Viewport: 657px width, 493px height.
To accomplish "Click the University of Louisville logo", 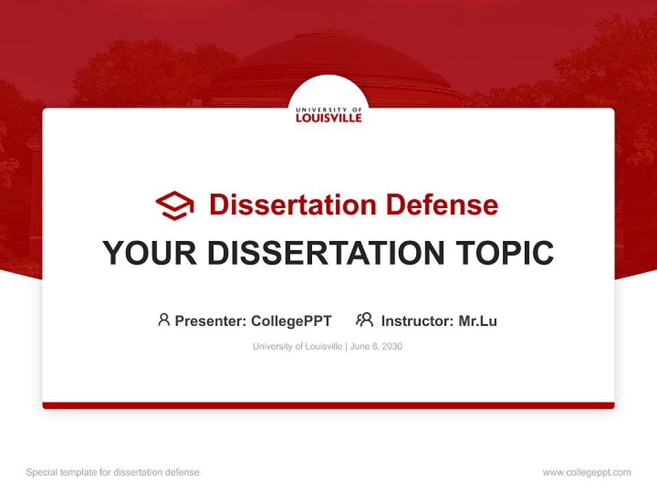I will click(328, 114).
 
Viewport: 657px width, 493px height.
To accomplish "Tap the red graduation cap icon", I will click(175, 205).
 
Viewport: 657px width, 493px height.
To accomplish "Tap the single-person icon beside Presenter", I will click(164, 320).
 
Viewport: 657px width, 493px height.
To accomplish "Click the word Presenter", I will click(209, 320).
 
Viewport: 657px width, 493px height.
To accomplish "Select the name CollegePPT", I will click(291, 320).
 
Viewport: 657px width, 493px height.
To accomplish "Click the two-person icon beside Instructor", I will click(365, 320).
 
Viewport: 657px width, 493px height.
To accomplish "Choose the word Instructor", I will click(416, 320).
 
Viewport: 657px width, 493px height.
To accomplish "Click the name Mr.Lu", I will click(478, 320).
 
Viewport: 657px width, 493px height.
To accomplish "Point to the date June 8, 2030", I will click(376, 346).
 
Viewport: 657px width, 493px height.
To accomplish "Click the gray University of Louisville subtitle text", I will click(297, 346).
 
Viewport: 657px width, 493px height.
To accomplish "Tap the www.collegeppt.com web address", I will click(587, 472).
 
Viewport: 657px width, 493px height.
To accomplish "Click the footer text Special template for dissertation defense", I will click(113, 472).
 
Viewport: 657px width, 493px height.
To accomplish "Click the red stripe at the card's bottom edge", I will click(328, 405).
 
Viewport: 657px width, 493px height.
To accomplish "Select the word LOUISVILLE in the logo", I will click(328, 118).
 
